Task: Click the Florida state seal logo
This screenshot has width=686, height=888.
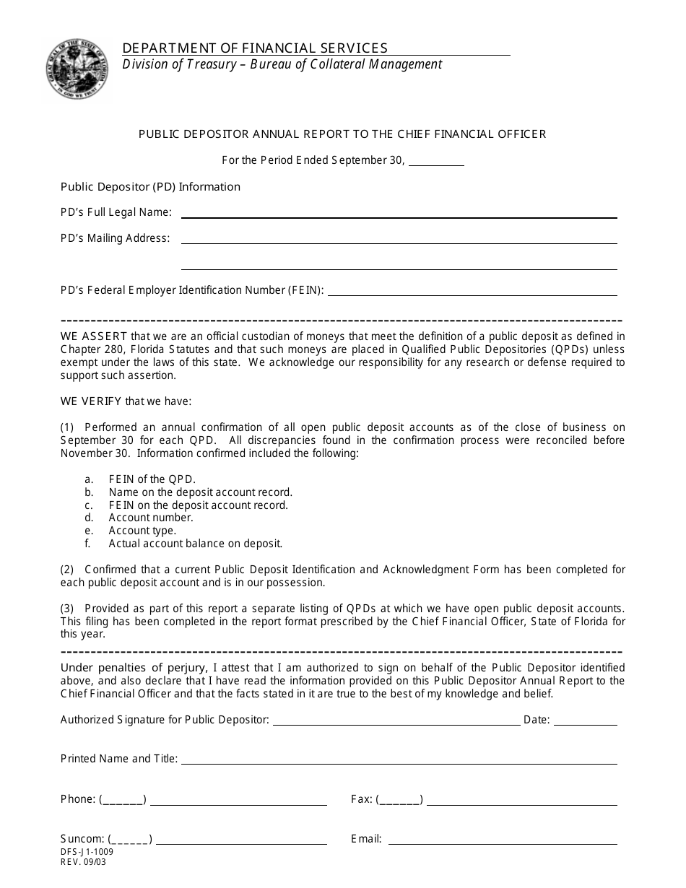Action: point(77,71)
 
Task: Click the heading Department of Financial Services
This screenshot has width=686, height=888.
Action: point(255,48)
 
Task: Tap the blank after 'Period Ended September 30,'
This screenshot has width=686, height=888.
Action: point(436,162)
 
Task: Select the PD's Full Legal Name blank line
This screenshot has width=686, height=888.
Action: point(399,214)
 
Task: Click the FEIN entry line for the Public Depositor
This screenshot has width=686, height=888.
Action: point(472,292)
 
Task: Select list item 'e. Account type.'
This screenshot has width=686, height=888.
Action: point(142,531)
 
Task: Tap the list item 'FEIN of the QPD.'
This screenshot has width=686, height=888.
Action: point(152,479)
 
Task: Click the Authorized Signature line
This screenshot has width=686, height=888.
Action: point(396,721)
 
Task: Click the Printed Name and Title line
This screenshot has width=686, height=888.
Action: point(399,760)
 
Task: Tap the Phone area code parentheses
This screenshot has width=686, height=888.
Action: point(123,800)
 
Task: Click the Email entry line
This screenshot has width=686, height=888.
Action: point(503,840)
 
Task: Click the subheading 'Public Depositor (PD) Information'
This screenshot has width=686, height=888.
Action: point(150,187)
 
